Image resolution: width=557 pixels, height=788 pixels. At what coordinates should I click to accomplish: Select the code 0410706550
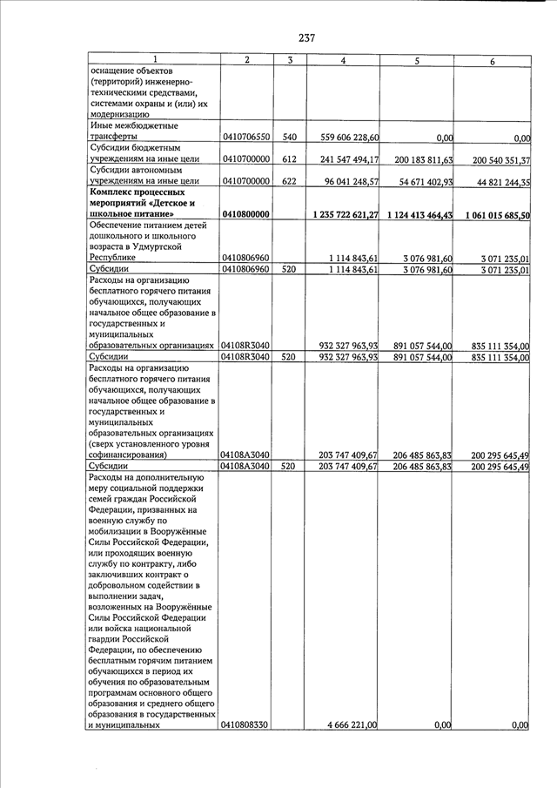246,137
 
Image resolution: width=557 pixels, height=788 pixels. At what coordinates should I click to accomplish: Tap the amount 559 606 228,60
346,137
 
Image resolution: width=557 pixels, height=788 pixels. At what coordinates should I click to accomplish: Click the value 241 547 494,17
346,159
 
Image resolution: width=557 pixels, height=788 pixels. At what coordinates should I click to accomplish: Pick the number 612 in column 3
290,159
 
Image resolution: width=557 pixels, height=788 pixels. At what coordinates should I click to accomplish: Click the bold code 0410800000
246,215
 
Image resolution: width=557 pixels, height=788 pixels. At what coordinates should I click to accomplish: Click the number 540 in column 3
290,137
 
